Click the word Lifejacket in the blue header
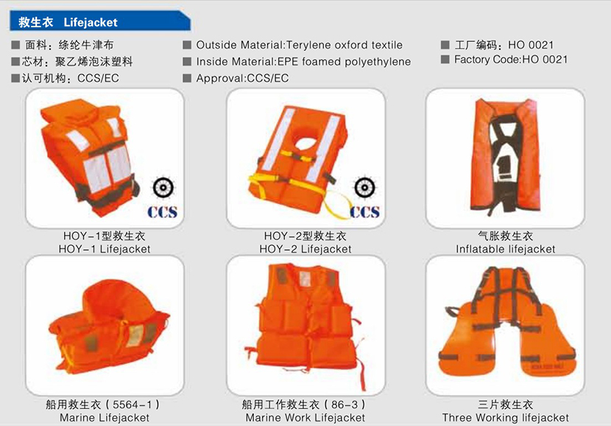pyautogui.click(x=91, y=22)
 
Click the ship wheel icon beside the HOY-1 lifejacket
pyautogui.click(x=163, y=188)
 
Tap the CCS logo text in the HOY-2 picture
pyautogui.click(x=364, y=212)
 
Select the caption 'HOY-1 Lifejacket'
pyautogui.click(x=105, y=249)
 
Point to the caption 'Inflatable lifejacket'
pyautogui.click(x=506, y=249)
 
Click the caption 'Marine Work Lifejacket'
pyautogui.click(x=305, y=418)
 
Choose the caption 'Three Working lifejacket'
pyautogui.click(x=506, y=418)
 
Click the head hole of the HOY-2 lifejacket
pyautogui.click(x=308, y=143)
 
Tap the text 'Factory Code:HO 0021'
pyautogui.click(x=511, y=60)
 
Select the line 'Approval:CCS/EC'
pyautogui.click(x=242, y=78)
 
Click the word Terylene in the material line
pyautogui.click(x=309, y=45)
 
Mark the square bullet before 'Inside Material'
pyautogui.click(x=187, y=62)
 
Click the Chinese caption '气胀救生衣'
pyautogui.click(x=506, y=236)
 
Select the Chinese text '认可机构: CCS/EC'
pyautogui.click(x=65, y=78)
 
